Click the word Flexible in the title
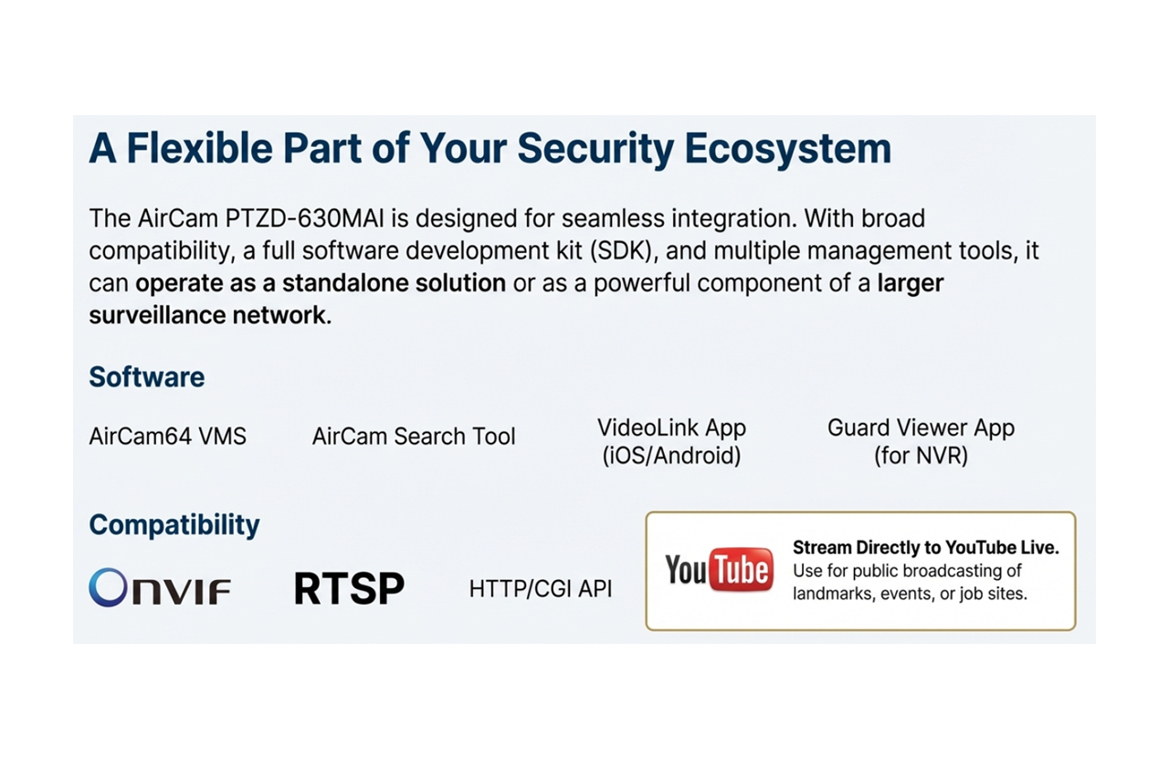pos(189,148)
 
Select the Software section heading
pos(146,377)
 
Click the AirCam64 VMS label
pos(167,437)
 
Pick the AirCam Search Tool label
pos(414,437)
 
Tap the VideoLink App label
pos(671,427)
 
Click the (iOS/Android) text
pos(671,455)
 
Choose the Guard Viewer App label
pos(921,427)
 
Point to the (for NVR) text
pos(921,455)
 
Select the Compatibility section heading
pos(174,525)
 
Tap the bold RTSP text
pos(349,589)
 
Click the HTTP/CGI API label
pos(540,589)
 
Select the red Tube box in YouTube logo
pos(741,571)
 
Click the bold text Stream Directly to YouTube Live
pos(925,548)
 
